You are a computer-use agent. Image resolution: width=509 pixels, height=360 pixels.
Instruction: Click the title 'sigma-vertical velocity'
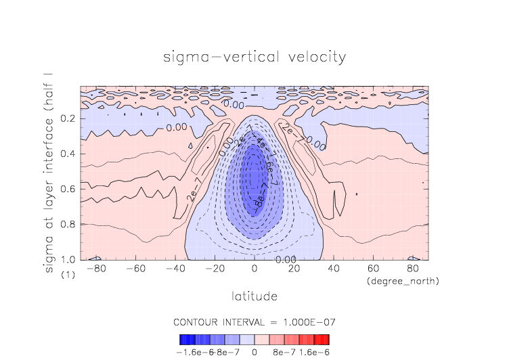[x=255, y=56]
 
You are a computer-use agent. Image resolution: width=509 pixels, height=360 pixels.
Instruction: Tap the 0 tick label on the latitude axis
[x=255, y=269]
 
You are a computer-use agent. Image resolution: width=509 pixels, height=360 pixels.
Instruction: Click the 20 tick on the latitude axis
[x=294, y=269]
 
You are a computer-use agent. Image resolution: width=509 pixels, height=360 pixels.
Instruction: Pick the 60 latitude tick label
[x=372, y=269]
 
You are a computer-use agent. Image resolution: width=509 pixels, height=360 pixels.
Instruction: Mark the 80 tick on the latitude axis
[x=412, y=269]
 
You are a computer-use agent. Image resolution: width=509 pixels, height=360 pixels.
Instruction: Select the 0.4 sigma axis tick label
[x=67, y=154]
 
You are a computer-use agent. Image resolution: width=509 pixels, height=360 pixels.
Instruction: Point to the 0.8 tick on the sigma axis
[x=67, y=225]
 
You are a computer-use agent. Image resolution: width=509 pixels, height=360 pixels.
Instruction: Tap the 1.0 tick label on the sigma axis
[x=67, y=260]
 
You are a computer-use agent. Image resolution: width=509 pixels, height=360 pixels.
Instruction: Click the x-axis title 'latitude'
[x=255, y=296]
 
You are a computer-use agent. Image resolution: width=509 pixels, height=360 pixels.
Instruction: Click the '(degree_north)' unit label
[x=402, y=281]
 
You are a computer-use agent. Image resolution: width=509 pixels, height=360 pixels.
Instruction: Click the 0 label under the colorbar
[x=255, y=353]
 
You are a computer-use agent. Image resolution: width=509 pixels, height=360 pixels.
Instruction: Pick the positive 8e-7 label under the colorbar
[x=284, y=353]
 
